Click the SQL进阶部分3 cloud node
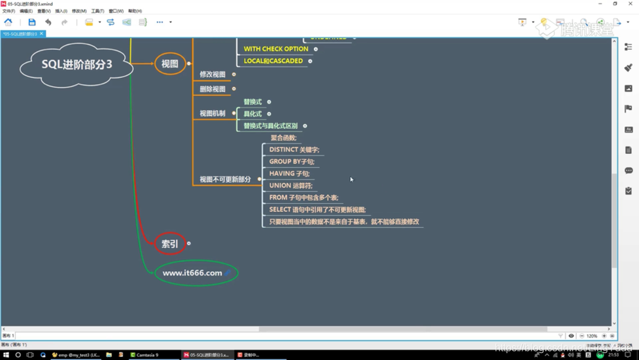[77, 64]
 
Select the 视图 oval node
[170, 64]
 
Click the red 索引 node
[170, 243]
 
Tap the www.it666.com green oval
[192, 273]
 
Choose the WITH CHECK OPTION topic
[275, 49]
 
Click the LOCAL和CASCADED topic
[273, 61]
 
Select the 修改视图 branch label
[212, 75]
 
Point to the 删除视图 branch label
[212, 89]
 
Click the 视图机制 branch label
[212, 113]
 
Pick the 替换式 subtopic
[252, 102]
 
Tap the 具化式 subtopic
[252, 114]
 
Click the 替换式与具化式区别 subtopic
[270, 126]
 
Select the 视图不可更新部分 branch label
[225, 180]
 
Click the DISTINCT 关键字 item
[293, 149]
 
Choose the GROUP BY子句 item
[292, 162]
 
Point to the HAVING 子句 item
[289, 173]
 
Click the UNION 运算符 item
[290, 185]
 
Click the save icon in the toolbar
[32, 23]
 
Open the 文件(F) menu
[8, 11]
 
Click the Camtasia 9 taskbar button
[144, 355]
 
